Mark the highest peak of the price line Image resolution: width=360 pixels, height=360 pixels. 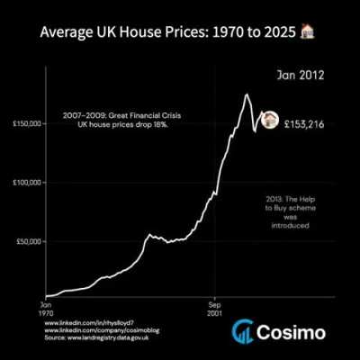pos(247,94)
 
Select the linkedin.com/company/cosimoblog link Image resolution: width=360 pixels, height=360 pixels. pos(94,330)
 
